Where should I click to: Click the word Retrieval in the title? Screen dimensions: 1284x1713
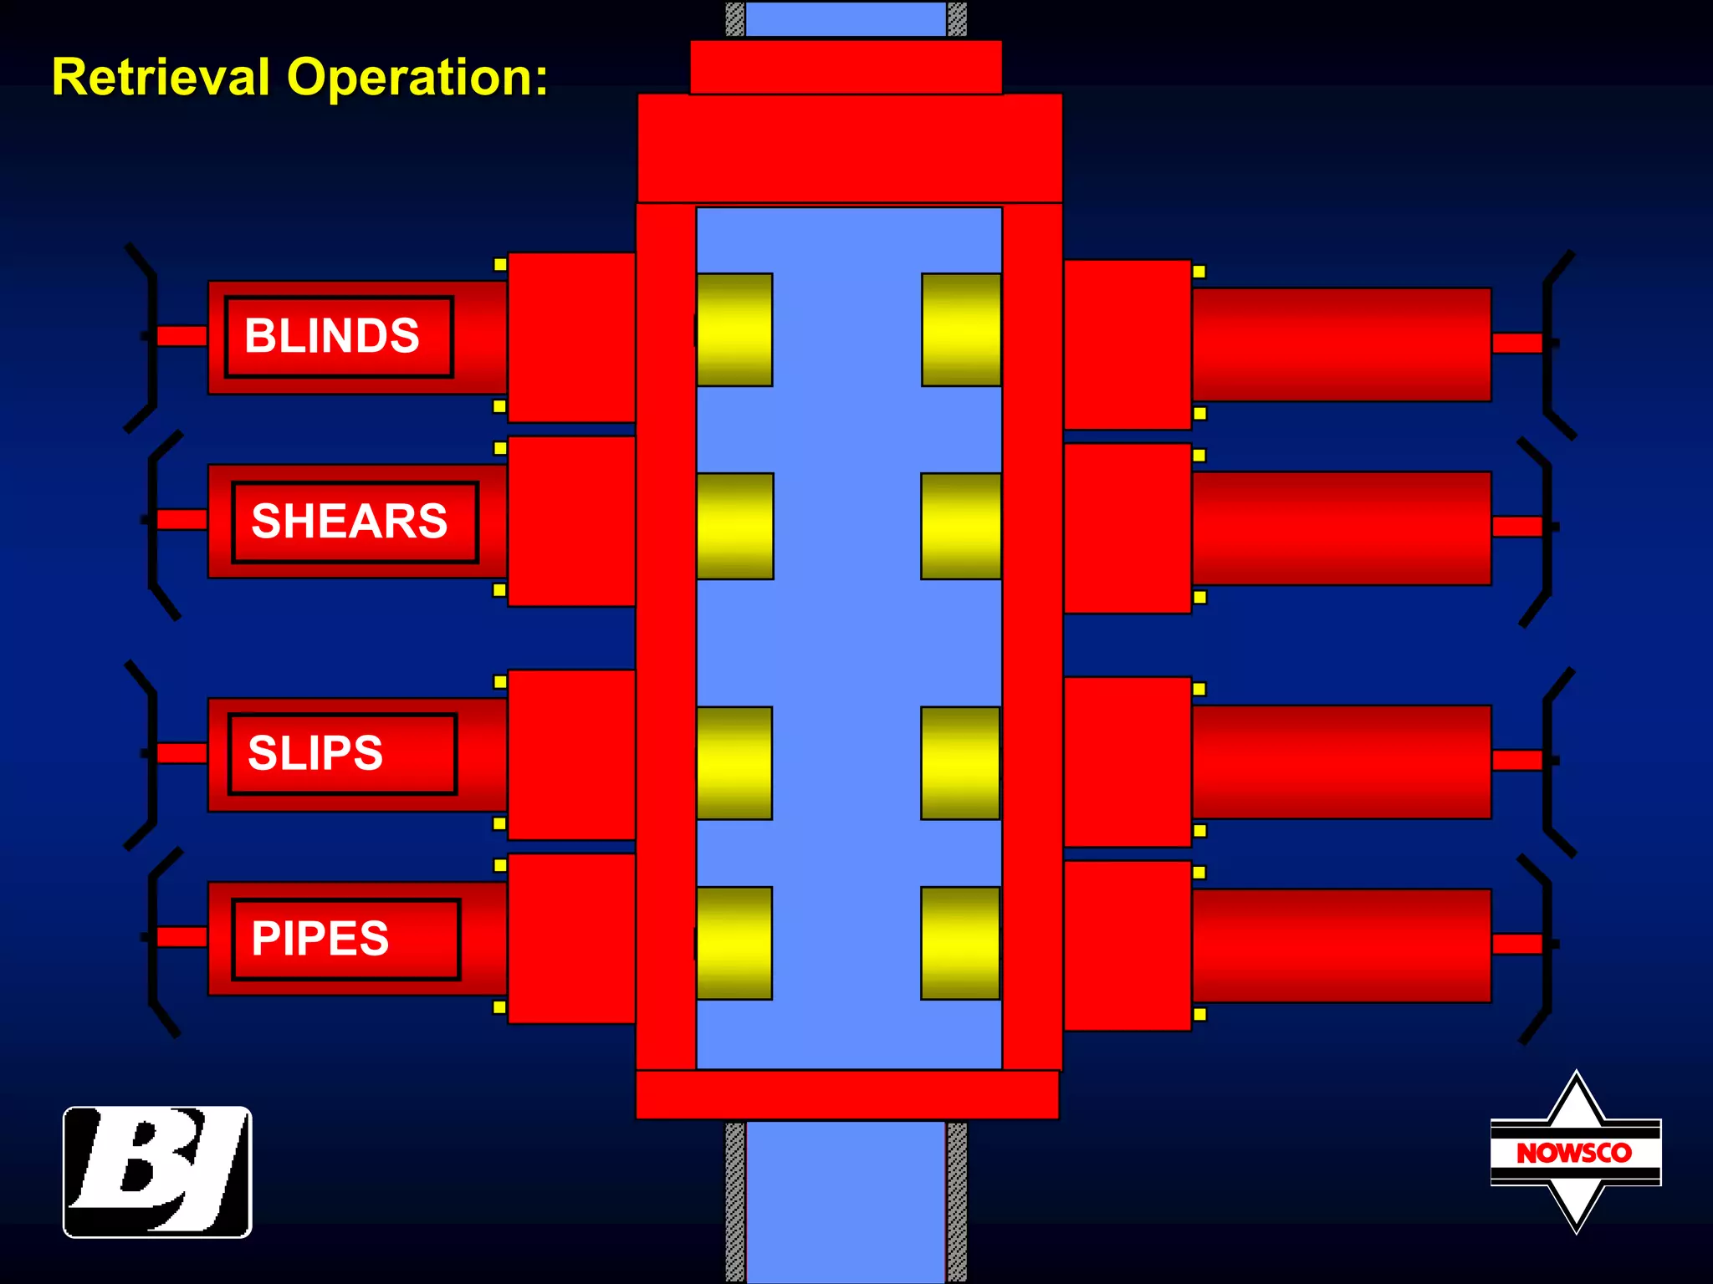pos(161,77)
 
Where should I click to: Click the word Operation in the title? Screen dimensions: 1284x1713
pos(417,77)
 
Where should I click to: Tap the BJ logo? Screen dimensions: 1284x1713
pos(157,1171)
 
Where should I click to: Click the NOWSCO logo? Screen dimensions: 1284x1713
pos(1575,1152)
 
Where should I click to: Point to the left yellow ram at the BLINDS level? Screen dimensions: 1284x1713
pos(734,329)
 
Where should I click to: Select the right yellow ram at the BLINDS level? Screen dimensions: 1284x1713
pos(961,329)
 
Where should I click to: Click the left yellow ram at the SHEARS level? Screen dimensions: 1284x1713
pos(734,526)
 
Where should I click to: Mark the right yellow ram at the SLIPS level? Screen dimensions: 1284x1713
pos(960,762)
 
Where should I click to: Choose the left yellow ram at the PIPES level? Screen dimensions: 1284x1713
pos(734,943)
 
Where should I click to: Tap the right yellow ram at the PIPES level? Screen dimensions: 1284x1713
pos(960,943)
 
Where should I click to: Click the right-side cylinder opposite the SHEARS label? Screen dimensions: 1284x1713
pos(1341,527)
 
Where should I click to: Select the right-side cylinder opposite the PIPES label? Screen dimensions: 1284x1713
pos(1341,945)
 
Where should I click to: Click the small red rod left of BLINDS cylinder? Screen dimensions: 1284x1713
pos(182,336)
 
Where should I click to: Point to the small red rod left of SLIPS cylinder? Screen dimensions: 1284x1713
pos(182,752)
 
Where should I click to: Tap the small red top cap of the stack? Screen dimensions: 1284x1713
pos(845,67)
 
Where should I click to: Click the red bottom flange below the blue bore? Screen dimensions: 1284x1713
pos(846,1094)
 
